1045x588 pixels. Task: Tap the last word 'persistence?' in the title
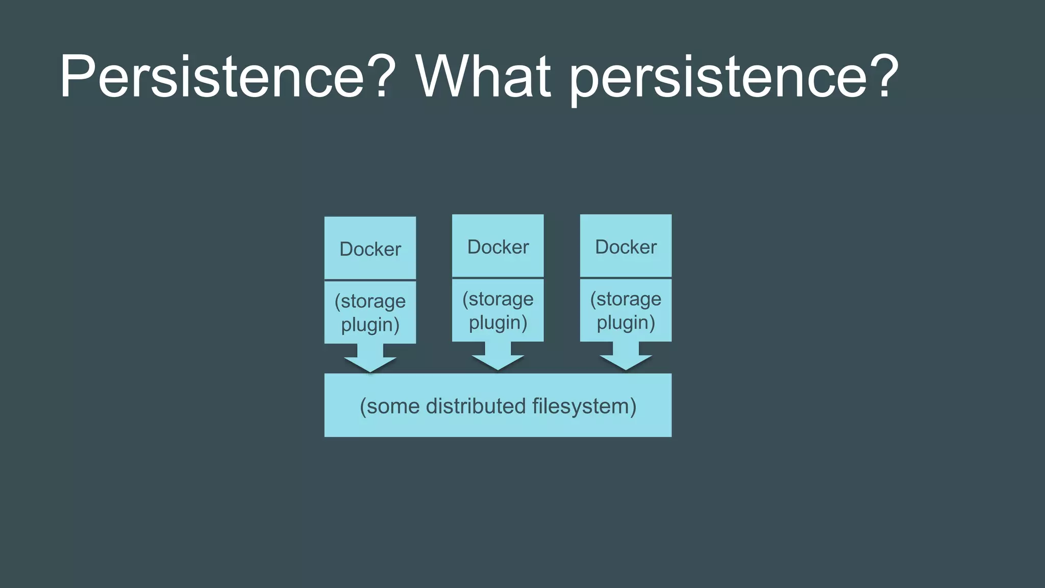pyautogui.click(x=733, y=78)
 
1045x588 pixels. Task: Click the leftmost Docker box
pyautogui.click(x=370, y=249)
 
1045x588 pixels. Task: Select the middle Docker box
pyautogui.click(x=498, y=246)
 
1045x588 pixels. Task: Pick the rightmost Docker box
pyautogui.click(x=626, y=246)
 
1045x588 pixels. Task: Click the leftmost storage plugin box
pyautogui.click(x=370, y=312)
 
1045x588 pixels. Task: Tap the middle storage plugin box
pyautogui.click(x=498, y=310)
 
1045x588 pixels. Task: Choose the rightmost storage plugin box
pyautogui.click(x=626, y=310)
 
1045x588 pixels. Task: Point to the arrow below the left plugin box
pyautogui.click(x=370, y=359)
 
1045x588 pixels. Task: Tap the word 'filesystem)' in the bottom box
pyautogui.click(x=584, y=406)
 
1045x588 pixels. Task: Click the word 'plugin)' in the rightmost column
pyautogui.click(x=626, y=323)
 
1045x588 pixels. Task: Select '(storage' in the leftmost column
pyautogui.click(x=370, y=301)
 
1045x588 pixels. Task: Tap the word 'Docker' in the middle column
pyautogui.click(x=498, y=247)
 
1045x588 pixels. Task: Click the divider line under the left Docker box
pyautogui.click(x=370, y=280)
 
